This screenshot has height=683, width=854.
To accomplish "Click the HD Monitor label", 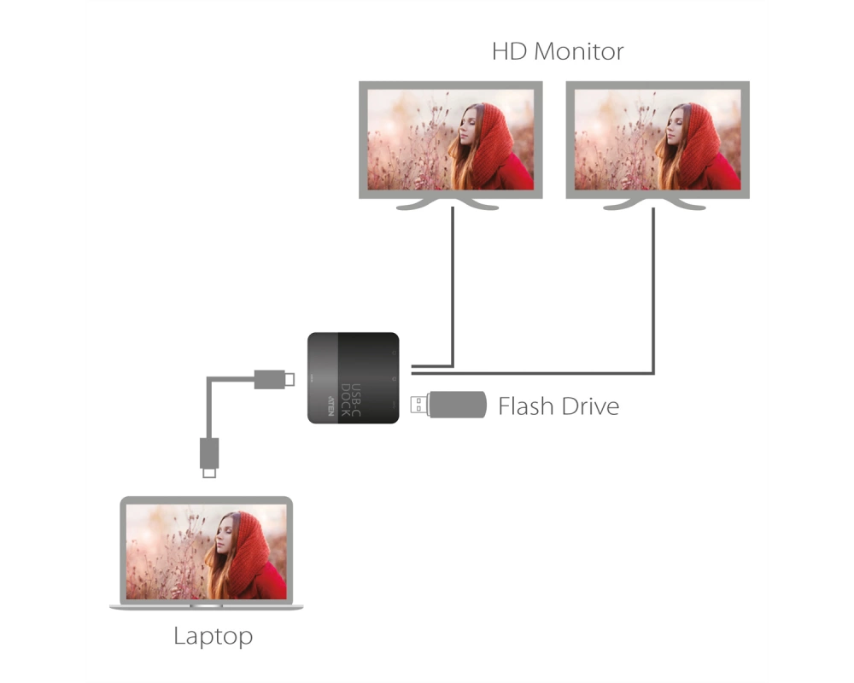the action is pyautogui.click(x=558, y=51).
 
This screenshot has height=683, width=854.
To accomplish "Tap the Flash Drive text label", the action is pyautogui.click(x=559, y=406).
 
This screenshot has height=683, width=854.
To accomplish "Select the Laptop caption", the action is pyautogui.click(x=213, y=636).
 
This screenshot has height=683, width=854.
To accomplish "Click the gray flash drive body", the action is pyautogui.click(x=457, y=405).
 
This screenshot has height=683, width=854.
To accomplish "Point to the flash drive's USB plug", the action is pyautogui.click(x=418, y=405).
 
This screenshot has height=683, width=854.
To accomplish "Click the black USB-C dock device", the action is pyautogui.click(x=354, y=378).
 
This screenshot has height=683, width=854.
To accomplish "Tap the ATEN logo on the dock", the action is pyautogui.click(x=330, y=406).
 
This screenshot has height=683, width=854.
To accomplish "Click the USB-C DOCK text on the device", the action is pyautogui.click(x=350, y=400).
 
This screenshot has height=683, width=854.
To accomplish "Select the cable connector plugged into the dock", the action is pyautogui.click(x=274, y=379).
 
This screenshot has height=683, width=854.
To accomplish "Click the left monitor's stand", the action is pyautogui.click(x=447, y=204).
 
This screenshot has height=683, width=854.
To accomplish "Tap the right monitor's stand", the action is pyautogui.click(x=655, y=204).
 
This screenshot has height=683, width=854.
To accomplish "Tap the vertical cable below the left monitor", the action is pyautogui.click(x=453, y=287).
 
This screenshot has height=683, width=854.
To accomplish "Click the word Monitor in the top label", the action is pyautogui.click(x=579, y=51).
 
